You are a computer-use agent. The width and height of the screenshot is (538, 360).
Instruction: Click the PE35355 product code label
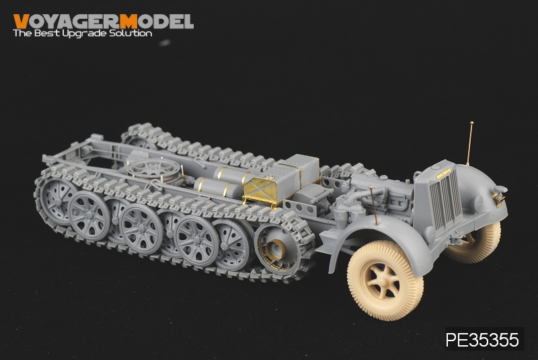pyautogui.click(x=482, y=340)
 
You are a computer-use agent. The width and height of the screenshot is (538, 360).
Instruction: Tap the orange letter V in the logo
pyautogui.click(x=21, y=22)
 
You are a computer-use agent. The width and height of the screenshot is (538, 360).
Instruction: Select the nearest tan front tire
pyautogui.click(x=385, y=280)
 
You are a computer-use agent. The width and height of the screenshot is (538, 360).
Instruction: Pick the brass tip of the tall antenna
pyautogui.click(x=472, y=123)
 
